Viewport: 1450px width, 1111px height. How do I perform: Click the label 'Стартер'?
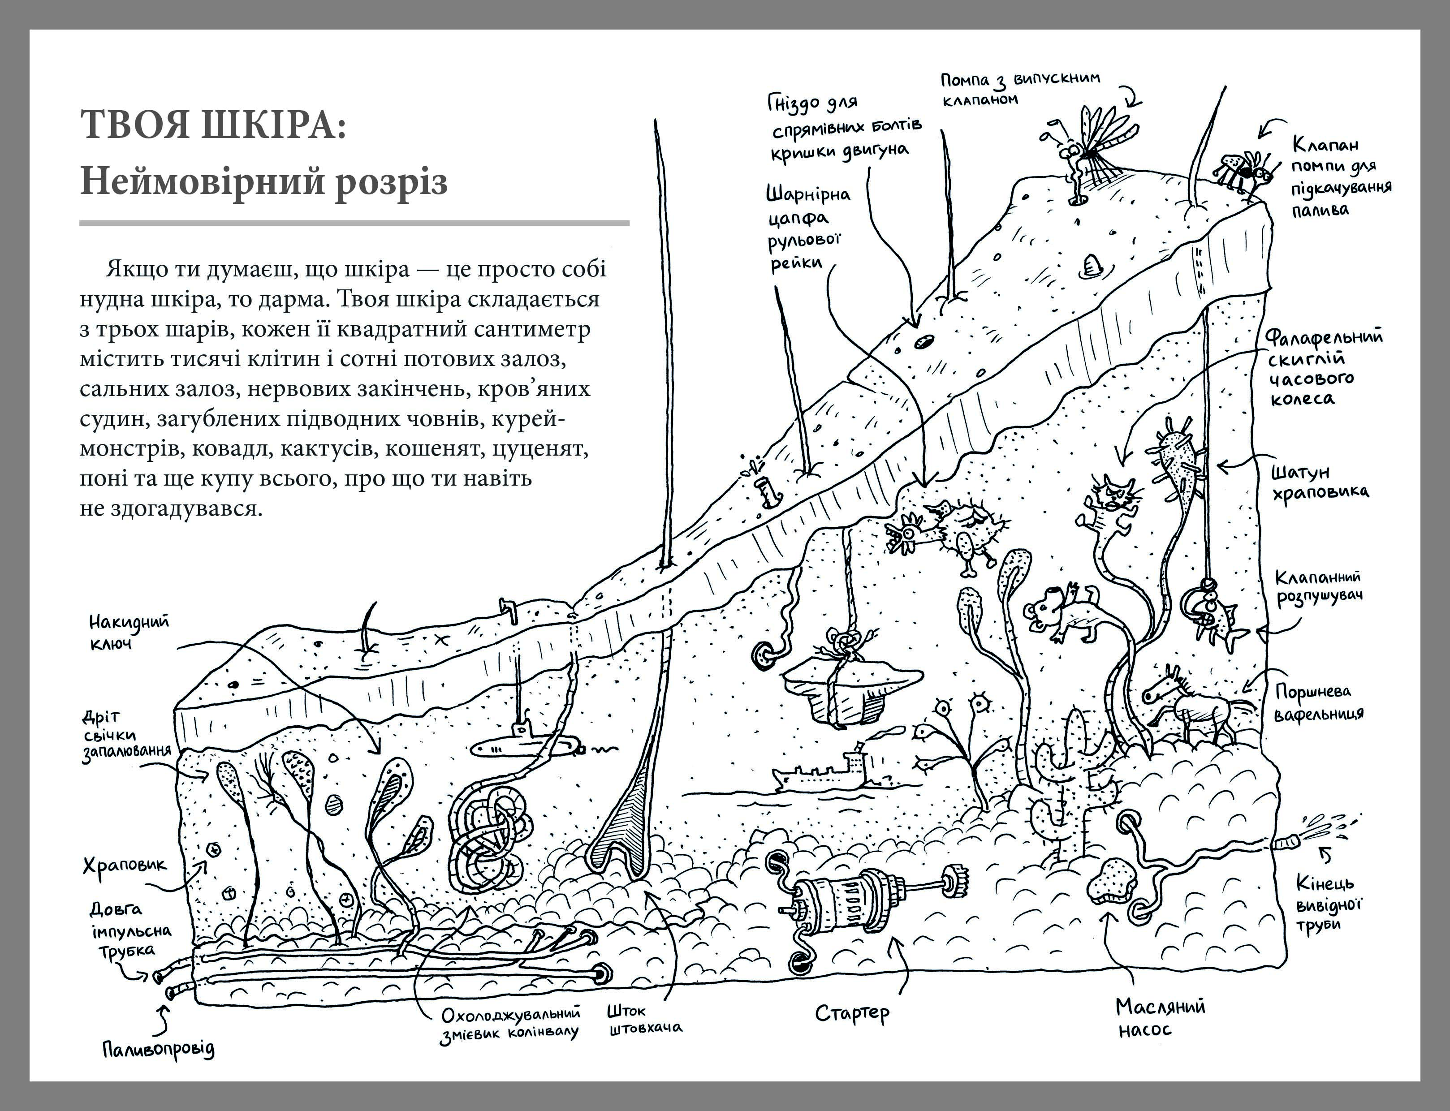tap(852, 1012)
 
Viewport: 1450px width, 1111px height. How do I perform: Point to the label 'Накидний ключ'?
tap(129, 632)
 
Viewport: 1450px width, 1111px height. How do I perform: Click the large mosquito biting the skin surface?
tap(1092, 149)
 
